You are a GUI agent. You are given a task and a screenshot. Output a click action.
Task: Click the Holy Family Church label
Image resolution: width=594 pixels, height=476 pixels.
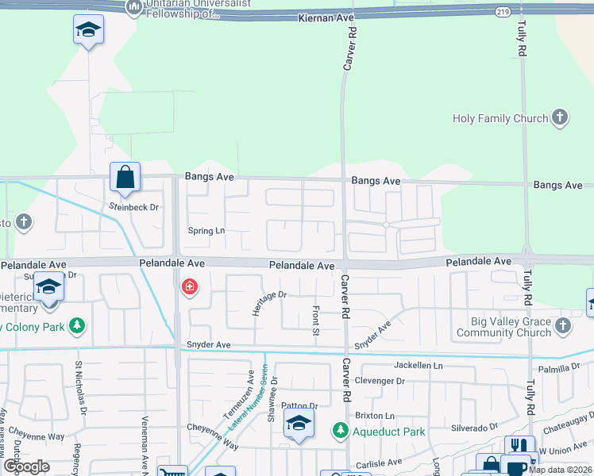[x=500, y=118]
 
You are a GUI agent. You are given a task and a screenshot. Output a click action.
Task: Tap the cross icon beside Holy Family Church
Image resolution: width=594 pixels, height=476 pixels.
[x=560, y=118]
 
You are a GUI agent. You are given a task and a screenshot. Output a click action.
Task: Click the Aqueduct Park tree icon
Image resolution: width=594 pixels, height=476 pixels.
[x=341, y=430]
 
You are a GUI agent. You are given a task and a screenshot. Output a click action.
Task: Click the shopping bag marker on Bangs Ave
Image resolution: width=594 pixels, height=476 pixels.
[x=125, y=177]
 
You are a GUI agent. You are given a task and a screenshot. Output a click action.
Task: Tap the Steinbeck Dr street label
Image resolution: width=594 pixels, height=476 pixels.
[x=134, y=207]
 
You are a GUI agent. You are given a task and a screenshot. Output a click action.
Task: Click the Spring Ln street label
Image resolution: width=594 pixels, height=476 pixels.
[x=206, y=231]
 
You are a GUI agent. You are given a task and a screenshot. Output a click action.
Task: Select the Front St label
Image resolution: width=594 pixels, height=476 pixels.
[x=316, y=320]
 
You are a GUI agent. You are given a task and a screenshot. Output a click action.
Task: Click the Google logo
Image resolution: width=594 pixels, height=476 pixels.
[x=26, y=466]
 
